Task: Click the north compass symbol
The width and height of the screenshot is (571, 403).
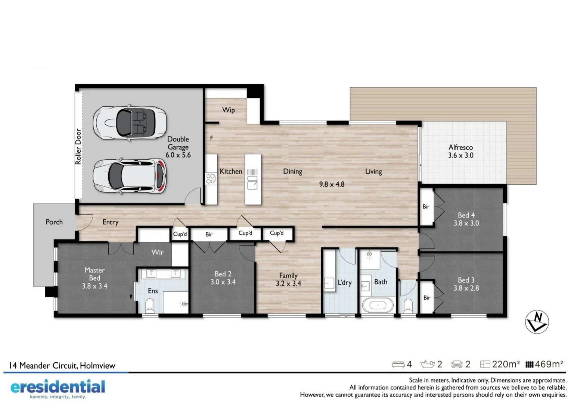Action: tap(537, 322)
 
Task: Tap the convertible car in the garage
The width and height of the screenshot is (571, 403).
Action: tap(130, 123)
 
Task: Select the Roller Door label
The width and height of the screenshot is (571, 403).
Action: tap(78, 147)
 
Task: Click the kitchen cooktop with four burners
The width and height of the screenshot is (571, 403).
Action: tap(211, 179)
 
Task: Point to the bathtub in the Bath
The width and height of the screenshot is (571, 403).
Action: tap(378, 305)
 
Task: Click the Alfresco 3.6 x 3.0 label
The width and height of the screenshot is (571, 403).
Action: tap(460, 151)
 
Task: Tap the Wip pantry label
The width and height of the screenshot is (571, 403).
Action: tap(228, 110)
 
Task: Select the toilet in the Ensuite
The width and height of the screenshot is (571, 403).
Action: tap(150, 306)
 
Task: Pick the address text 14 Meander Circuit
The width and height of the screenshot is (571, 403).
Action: tap(62, 366)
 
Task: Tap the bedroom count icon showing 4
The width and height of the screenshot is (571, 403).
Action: tap(402, 364)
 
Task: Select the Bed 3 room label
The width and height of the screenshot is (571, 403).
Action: tap(466, 284)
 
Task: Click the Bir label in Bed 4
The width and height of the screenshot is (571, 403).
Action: tap(426, 207)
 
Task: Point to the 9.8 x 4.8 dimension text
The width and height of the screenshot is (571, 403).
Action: tap(332, 184)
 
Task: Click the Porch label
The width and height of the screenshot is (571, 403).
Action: tap(54, 222)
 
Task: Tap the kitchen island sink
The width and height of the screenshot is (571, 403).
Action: tap(252, 184)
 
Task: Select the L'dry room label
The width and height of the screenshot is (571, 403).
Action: tap(344, 283)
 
